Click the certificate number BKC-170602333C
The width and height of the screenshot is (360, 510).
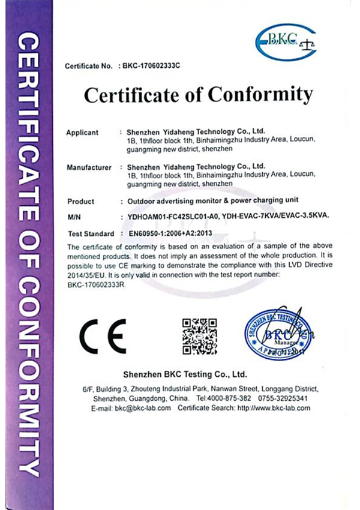point(151,65)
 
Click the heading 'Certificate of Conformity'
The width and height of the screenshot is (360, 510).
point(199,95)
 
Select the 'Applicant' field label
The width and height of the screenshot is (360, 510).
point(82,131)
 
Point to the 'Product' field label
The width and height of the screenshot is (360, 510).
point(81,202)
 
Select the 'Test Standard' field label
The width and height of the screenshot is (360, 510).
point(91,233)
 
